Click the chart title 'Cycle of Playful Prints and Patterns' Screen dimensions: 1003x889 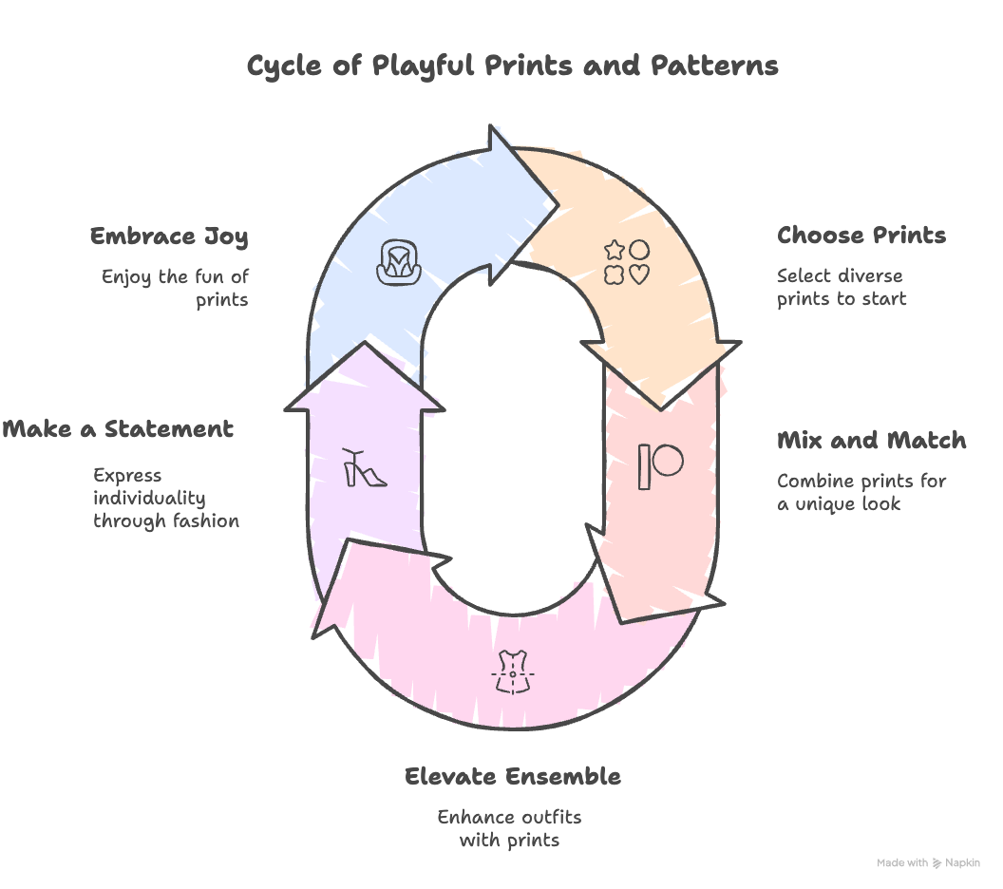pyautogui.click(x=512, y=66)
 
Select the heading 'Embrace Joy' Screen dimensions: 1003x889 pyautogui.click(x=169, y=236)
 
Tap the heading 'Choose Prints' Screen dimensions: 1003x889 pyautogui.click(x=861, y=236)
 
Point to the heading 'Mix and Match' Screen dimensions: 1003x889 pyautogui.click(x=871, y=441)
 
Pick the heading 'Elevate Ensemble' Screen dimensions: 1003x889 pyautogui.click(x=512, y=776)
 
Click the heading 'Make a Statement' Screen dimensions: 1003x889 pyautogui.click(x=118, y=428)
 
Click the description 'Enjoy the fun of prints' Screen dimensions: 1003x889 pyautogui.click(x=176, y=289)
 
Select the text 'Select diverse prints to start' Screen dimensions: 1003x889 pyautogui.click(x=841, y=288)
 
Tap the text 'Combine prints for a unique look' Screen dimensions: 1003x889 pyautogui.click(x=861, y=492)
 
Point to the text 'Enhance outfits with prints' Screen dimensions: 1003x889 pyautogui.click(x=509, y=828)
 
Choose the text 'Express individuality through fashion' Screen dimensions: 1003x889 pyautogui.click(x=165, y=498)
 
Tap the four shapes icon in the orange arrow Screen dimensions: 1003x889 pyautogui.click(x=627, y=263)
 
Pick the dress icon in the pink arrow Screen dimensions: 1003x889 pyautogui.click(x=513, y=671)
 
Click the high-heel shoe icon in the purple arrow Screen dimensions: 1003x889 pyautogui.click(x=365, y=467)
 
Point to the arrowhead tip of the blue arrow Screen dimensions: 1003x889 pyautogui.click(x=555, y=202)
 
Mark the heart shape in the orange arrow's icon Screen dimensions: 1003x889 pyautogui.click(x=639, y=274)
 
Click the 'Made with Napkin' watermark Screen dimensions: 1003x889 pyautogui.click(x=927, y=862)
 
